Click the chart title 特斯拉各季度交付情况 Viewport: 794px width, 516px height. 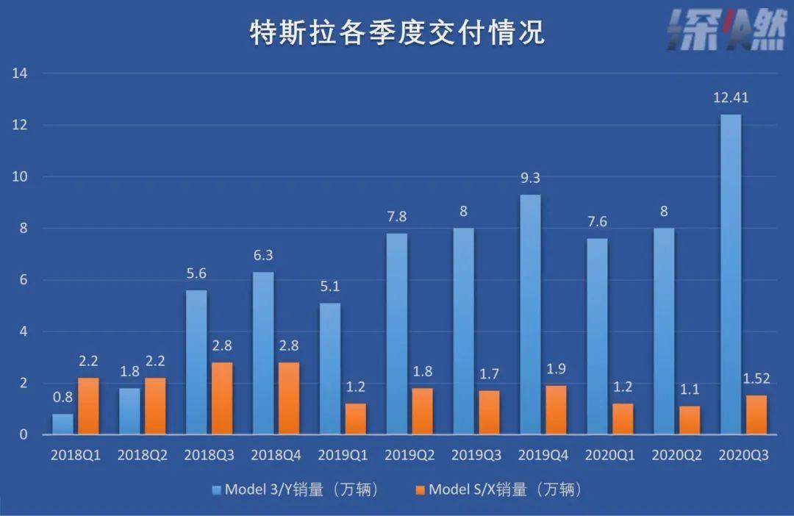click(x=397, y=34)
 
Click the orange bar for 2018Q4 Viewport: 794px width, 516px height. click(x=288, y=398)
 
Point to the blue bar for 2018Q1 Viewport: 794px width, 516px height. click(x=63, y=424)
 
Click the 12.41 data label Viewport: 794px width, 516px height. click(x=731, y=98)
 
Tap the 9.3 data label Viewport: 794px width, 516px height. click(x=531, y=178)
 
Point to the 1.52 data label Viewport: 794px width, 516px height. click(x=757, y=379)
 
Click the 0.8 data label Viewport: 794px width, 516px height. click(x=63, y=398)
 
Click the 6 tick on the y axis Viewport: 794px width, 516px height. click(x=24, y=280)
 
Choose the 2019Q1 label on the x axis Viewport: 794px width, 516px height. click(x=343, y=456)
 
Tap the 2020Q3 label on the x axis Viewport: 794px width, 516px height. click(x=743, y=456)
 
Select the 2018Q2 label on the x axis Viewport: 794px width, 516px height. click(x=143, y=456)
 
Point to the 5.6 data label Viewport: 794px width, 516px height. click(x=196, y=273)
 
